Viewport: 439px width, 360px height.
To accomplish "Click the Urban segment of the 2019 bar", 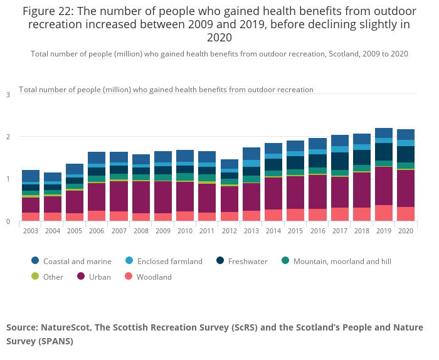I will coord(383,186).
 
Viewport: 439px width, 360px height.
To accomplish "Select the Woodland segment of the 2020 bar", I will coord(405,214).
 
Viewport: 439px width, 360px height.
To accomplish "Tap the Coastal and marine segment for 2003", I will coord(30,176).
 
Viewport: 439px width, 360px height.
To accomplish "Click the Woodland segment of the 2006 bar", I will coord(97,216).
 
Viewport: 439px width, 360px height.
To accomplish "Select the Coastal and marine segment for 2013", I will coord(251,154).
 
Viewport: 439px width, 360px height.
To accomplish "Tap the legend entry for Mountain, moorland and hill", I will coord(342,261).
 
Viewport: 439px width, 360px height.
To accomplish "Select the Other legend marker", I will coord(35,277).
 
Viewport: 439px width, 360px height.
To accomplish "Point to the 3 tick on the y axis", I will coord(8,95).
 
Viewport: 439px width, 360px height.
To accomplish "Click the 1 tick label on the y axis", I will coord(8,179).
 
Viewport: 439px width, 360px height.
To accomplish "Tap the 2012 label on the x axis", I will coord(229,231).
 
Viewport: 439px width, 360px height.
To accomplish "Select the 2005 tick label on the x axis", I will coord(75,231).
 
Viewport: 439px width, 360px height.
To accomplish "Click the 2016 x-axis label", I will coord(317,231).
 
